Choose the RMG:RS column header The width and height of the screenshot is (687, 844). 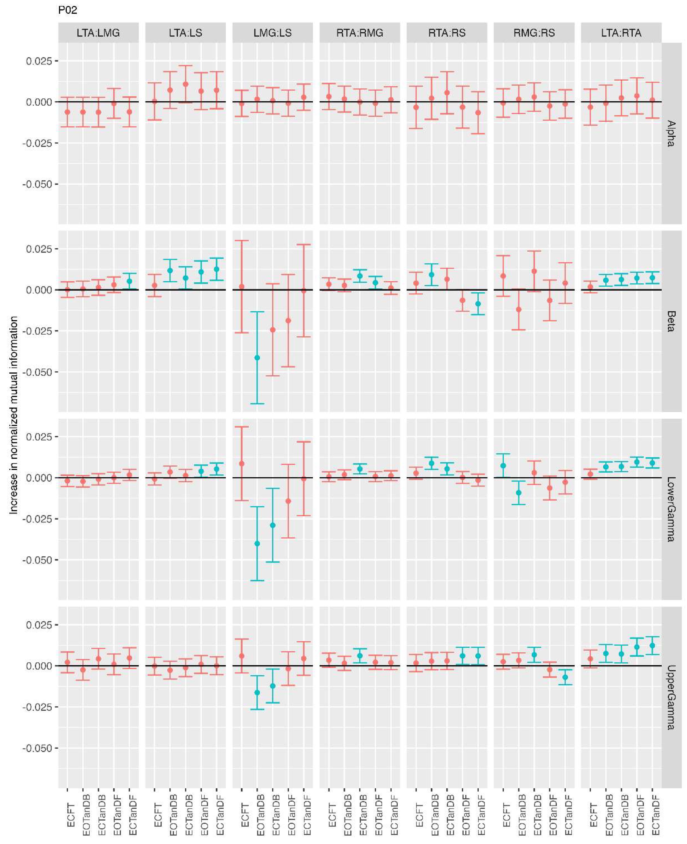coord(534,33)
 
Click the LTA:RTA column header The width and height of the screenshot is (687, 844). coord(621,33)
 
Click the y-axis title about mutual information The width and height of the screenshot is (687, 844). coord(14,415)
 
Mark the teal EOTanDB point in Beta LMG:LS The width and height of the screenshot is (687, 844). coord(257,358)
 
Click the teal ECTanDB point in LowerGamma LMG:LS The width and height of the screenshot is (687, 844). coord(273,525)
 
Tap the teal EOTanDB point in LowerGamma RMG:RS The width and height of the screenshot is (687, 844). coord(518,493)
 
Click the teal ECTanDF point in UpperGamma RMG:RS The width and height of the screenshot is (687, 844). coord(565,677)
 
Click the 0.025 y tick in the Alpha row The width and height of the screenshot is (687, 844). coord(39,61)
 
